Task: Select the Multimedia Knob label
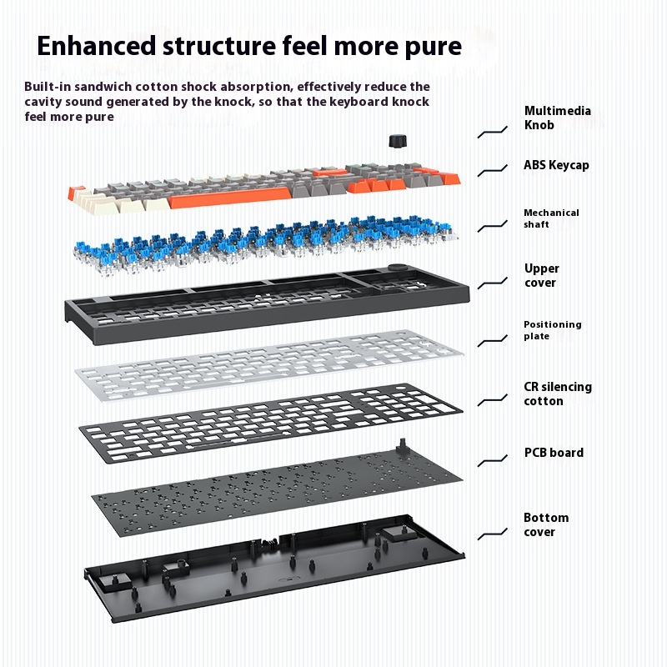pyautogui.click(x=557, y=118)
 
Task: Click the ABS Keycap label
pyautogui.click(x=556, y=165)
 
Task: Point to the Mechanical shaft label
pyautogui.click(x=551, y=218)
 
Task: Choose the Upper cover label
pyautogui.click(x=541, y=275)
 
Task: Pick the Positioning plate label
pyautogui.click(x=552, y=330)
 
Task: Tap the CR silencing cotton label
pyautogui.click(x=557, y=394)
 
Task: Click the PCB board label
pyautogui.click(x=554, y=453)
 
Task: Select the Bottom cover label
pyautogui.click(x=545, y=524)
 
